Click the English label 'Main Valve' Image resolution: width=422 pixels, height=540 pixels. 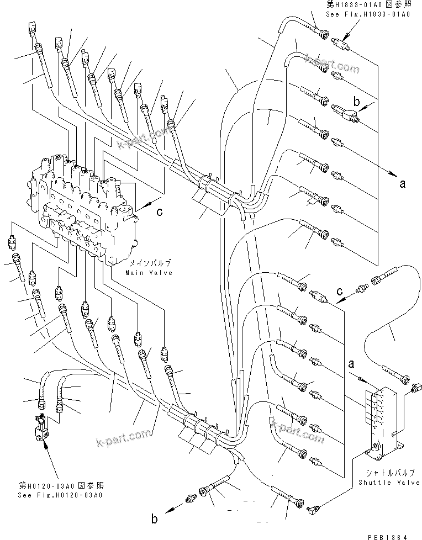149,273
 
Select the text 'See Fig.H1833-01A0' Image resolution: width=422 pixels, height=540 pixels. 368,14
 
